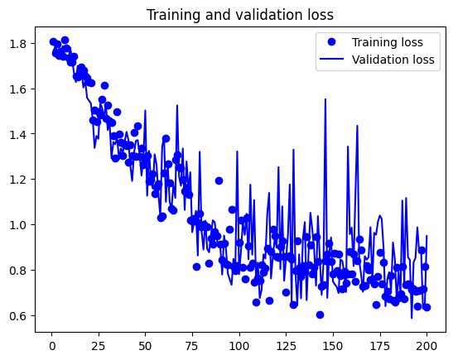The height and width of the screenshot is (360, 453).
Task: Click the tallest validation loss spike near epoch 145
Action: coord(325,99)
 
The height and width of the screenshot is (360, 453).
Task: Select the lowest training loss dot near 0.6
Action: coord(320,314)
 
